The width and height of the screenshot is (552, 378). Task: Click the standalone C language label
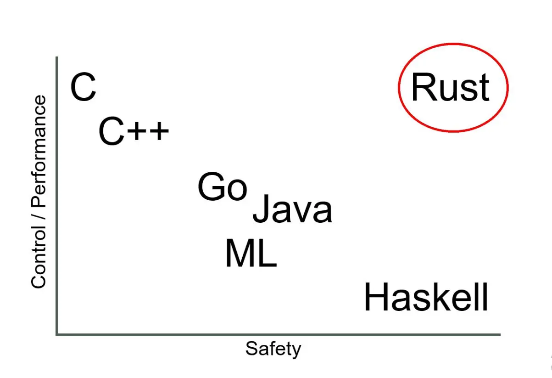[x=83, y=88]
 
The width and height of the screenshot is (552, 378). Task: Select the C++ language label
[x=134, y=132]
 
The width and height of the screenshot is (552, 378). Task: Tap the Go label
[x=223, y=187]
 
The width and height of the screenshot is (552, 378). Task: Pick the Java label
[x=292, y=210]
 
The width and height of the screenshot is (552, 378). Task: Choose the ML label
[x=251, y=254]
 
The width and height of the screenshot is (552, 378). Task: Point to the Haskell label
[x=426, y=298]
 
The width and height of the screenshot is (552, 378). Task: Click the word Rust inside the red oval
[x=450, y=87]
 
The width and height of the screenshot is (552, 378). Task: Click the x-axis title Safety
[x=273, y=349]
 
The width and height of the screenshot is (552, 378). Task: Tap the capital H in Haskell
[x=375, y=298]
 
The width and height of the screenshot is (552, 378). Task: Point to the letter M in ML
[x=239, y=254]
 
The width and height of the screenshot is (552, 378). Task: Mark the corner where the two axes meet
[x=57, y=334]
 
